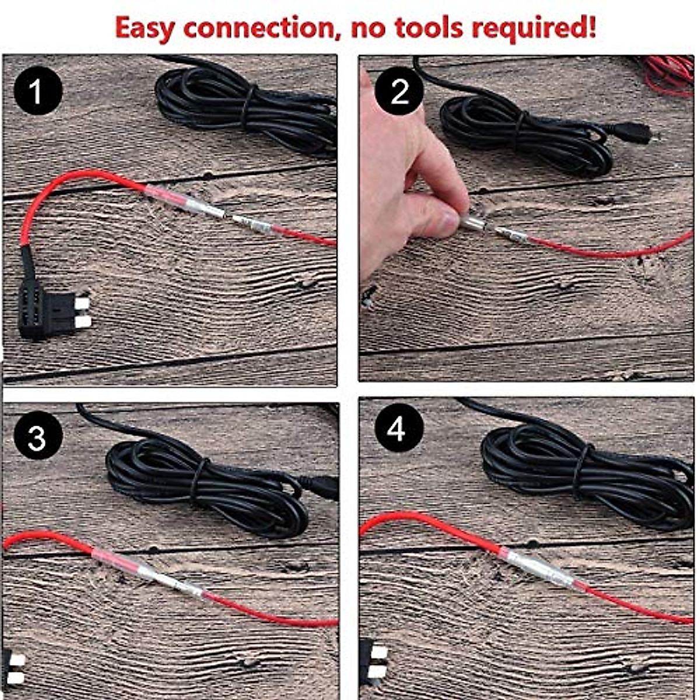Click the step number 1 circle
[x=37, y=92]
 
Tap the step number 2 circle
[x=399, y=92]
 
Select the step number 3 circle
[x=37, y=436]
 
